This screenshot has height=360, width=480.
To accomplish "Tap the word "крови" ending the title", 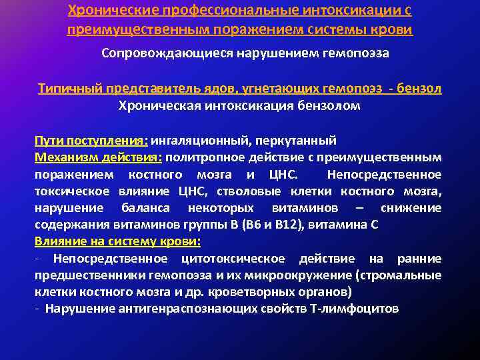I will tap(393, 31).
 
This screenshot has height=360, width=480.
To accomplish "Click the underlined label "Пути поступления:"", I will tap(92, 141).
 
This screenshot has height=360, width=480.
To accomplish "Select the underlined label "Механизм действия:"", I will tap(98, 157).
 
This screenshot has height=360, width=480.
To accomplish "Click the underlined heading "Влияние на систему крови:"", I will tap(117, 241).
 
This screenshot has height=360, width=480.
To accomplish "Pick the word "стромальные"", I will tap(409, 275).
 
